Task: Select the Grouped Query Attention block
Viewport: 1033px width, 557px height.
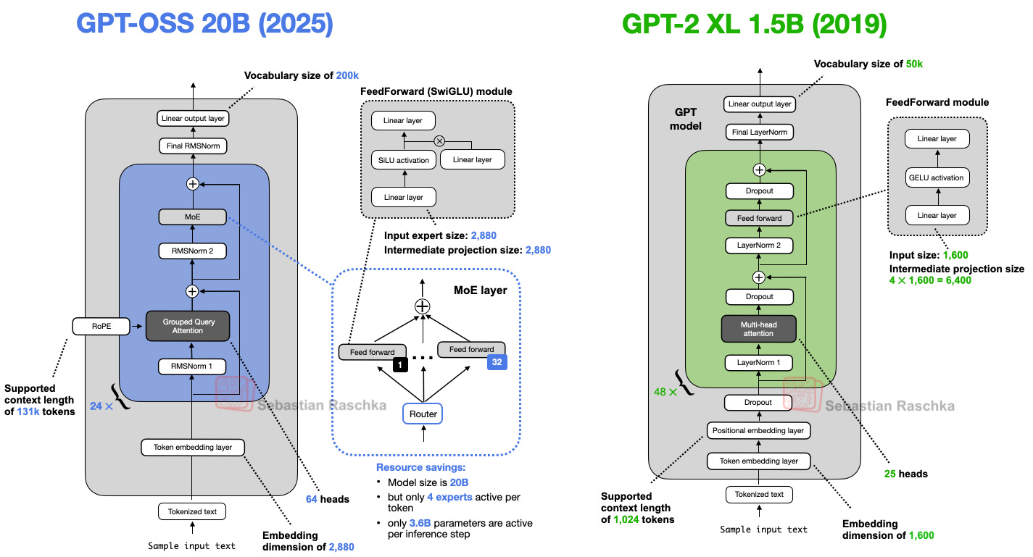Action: [188, 325]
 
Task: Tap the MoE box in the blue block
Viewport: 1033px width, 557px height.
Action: [192, 216]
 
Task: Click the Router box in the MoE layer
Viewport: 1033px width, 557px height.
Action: [422, 414]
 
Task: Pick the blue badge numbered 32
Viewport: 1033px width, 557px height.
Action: [497, 361]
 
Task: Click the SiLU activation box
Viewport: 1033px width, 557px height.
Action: [404, 160]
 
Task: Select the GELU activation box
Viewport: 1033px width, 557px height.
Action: [937, 177]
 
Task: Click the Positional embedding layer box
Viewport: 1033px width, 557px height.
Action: [758, 430]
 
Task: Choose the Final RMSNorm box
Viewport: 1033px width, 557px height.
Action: [192, 146]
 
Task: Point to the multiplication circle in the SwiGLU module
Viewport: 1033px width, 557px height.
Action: [439, 141]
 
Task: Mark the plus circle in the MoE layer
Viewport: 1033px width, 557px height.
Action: [422, 306]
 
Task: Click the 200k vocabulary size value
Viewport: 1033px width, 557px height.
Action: [347, 75]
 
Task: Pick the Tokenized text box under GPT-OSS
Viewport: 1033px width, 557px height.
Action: [192, 511]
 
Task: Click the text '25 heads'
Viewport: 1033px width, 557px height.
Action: [905, 474]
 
